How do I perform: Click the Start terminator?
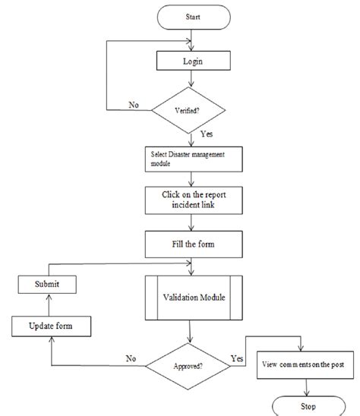[x=194, y=17]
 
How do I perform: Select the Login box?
[x=194, y=61]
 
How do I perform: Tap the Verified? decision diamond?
[x=188, y=110]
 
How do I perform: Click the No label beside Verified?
[x=134, y=105]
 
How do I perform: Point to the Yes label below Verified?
[x=207, y=134]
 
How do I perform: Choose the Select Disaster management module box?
[x=194, y=159]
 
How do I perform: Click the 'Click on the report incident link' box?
[x=194, y=200]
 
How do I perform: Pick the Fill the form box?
[x=194, y=244]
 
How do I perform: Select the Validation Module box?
[x=194, y=298]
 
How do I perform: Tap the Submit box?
[x=47, y=285]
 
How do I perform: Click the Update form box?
[x=51, y=326]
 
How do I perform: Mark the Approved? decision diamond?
[x=188, y=367]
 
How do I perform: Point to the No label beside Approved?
[x=131, y=359]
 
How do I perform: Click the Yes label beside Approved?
[x=237, y=359]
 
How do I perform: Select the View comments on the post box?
[x=305, y=365]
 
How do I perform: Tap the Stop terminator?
[x=309, y=406]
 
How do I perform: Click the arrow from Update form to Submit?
[x=49, y=305]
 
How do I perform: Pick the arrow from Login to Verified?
[x=191, y=79]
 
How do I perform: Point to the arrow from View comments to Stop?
[x=307, y=387]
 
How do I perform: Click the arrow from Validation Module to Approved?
[x=190, y=332]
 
